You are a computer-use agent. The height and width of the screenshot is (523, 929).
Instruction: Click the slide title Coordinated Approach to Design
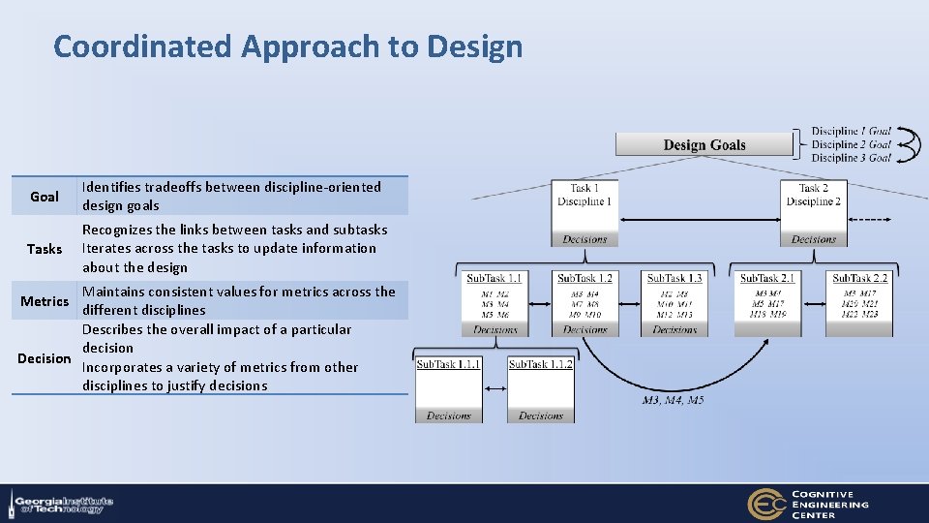(x=287, y=46)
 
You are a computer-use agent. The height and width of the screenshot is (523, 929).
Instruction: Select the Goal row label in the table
(x=45, y=197)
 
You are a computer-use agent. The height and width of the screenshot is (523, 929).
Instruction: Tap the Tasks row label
(x=45, y=249)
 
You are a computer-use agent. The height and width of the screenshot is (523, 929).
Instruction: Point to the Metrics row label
(x=45, y=301)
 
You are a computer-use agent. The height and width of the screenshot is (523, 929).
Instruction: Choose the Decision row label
(x=45, y=358)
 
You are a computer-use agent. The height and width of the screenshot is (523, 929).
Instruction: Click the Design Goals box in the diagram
(x=704, y=145)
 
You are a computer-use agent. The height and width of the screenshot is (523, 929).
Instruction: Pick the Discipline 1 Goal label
(x=851, y=131)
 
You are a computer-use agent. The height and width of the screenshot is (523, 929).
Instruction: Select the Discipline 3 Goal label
(x=851, y=158)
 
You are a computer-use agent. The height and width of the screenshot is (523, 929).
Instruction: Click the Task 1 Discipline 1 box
(x=584, y=196)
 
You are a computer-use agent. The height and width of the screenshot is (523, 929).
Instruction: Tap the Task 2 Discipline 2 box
(x=813, y=196)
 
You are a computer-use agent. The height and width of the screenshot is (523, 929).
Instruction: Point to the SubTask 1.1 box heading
(x=494, y=279)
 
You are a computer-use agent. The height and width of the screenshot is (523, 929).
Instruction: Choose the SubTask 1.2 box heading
(x=584, y=279)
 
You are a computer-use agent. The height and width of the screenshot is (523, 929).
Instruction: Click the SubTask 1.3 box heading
(x=674, y=279)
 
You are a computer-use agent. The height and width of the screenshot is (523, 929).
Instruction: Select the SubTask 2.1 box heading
(x=767, y=279)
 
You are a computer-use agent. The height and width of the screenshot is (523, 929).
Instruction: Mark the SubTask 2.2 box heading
(x=859, y=279)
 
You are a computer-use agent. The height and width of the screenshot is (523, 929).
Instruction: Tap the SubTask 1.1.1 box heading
(x=448, y=364)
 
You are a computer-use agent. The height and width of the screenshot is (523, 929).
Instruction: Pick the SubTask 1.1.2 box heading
(x=540, y=364)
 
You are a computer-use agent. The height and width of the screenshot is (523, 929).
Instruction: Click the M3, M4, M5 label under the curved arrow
(x=673, y=400)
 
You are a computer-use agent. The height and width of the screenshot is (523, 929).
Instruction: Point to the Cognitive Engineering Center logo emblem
(x=765, y=504)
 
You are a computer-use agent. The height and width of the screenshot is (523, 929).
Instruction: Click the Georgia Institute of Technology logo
(x=63, y=505)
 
